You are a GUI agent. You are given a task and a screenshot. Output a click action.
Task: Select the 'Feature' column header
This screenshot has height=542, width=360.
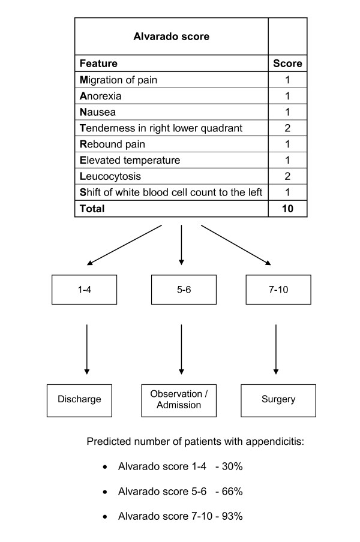[98, 63]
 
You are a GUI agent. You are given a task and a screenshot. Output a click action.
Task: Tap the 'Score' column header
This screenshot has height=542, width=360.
[287, 63]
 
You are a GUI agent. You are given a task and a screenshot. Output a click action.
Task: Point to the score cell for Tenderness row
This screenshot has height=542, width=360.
[287, 128]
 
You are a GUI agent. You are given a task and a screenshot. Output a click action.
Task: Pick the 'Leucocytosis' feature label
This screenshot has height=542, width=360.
[109, 176]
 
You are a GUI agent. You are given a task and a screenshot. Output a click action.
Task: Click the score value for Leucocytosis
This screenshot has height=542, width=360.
[287, 176]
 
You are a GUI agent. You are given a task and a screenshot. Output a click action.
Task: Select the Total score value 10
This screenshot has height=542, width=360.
[287, 209]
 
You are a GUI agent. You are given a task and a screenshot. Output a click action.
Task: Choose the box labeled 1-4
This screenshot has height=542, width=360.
[84, 290]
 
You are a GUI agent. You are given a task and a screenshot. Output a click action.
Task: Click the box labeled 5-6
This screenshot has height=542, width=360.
[181, 290]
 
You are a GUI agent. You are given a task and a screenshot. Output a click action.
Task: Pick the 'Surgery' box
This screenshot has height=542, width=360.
[278, 399]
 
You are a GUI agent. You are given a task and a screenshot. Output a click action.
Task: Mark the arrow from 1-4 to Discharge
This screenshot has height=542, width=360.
[87, 348]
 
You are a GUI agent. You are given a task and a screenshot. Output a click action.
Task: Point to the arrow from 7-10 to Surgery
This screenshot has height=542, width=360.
[275, 348]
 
